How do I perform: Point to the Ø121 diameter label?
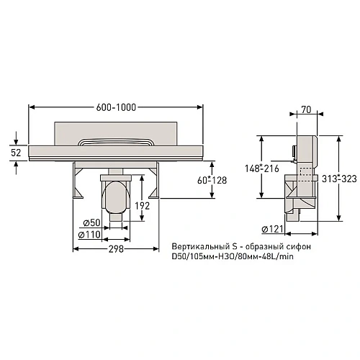(273, 228)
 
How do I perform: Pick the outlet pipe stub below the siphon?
(115, 218)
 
